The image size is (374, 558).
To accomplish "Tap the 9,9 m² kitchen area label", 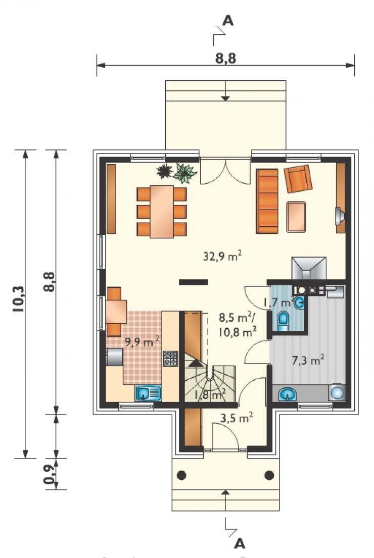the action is [x=142, y=342].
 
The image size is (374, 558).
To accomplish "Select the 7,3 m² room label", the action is [x=308, y=360].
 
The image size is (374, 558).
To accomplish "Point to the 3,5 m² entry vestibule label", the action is [x=237, y=418].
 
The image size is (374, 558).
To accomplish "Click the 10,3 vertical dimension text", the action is [x=19, y=299].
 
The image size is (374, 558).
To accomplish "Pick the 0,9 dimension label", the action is [x=50, y=474].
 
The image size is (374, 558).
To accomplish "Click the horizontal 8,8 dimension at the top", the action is [x=225, y=58].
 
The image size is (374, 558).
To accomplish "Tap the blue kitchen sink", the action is [x=148, y=393].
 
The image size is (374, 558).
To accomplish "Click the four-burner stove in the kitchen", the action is [x=170, y=359].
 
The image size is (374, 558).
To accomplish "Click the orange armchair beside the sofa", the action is [x=298, y=179].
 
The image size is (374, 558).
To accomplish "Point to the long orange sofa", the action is [x=267, y=201].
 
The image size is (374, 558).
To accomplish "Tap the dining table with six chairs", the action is [x=162, y=212].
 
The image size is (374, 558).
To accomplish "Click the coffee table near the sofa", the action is [x=296, y=217].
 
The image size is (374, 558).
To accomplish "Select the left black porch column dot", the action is [x=181, y=475].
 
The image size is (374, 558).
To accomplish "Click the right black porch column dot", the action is [x=269, y=475].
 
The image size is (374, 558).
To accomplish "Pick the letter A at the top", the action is [x=228, y=21].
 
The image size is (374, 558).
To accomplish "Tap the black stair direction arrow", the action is [x=195, y=363].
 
